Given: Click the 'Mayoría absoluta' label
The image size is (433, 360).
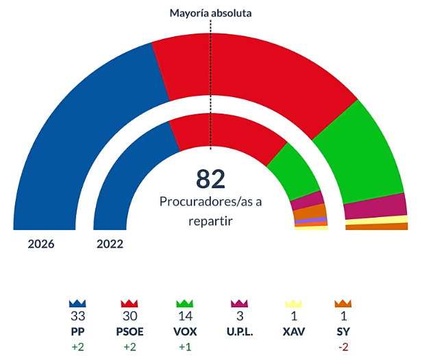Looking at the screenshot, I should click(x=210, y=13).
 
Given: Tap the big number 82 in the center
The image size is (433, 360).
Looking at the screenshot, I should click(x=210, y=179).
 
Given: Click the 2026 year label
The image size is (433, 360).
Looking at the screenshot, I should click(x=41, y=244).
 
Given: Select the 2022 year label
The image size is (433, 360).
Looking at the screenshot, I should click(x=110, y=244).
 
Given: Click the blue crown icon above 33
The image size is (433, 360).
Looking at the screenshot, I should click(x=77, y=303).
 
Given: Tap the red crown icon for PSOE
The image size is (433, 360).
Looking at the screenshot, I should click(x=129, y=303).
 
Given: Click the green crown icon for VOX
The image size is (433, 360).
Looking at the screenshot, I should click(x=183, y=303).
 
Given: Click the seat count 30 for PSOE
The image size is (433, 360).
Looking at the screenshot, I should click(x=129, y=316).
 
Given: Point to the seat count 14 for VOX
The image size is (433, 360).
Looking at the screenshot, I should click(x=183, y=316).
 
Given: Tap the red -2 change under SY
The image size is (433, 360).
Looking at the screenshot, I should click(x=343, y=346).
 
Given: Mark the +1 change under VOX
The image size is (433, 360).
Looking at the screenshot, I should click(x=183, y=346).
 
